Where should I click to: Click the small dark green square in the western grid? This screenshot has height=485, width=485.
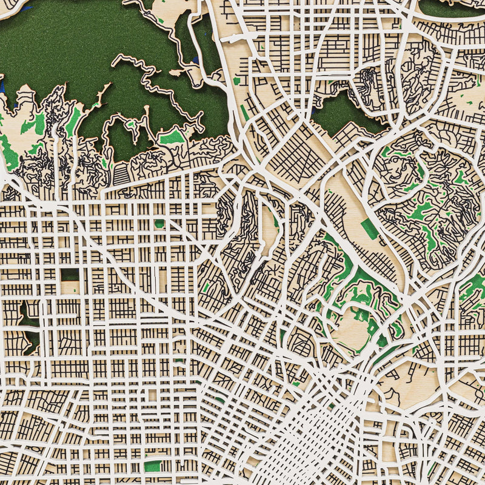pyautogui.click(x=69, y=274)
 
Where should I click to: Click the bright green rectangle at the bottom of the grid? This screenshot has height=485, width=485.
pyautogui.click(x=153, y=466)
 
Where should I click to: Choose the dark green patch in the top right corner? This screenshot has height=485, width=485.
pyautogui.click(x=449, y=7)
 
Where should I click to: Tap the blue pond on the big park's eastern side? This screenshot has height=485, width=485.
pyautogui.click(x=195, y=61)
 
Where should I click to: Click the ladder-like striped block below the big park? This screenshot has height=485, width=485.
pyautogui.click(x=121, y=175)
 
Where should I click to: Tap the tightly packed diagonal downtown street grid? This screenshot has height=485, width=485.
pyautogui.click(x=315, y=436)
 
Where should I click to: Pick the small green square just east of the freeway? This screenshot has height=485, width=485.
pyautogui.click(x=236, y=81)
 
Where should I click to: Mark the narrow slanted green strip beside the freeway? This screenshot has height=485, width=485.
pyautogui.click(x=244, y=113)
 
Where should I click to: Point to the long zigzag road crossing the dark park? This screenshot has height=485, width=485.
pyautogui.click(x=152, y=79)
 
